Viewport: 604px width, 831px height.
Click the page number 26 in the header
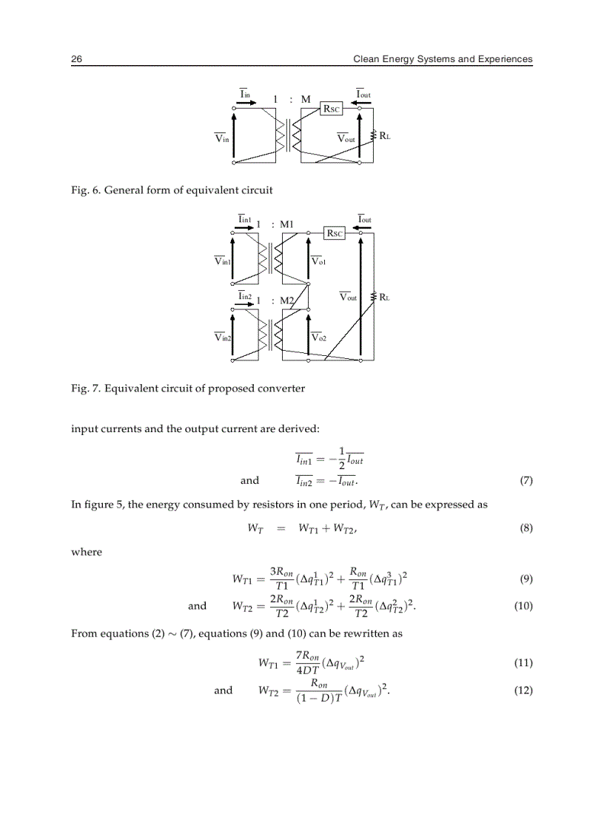click(76, 59)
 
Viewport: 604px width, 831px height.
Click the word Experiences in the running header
click(503, 59)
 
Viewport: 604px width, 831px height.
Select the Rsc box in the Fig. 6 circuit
click(331, 109)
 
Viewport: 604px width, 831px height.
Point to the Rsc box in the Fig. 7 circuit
click(335, 232)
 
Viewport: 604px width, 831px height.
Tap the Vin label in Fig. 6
click(221, 138)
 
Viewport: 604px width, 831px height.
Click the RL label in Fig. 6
click(386, 136)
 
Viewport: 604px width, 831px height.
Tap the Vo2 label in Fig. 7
click(319, 337)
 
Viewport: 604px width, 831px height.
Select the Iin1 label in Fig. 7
click(246, 219)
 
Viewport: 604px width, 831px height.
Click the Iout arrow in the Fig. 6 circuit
click(362, 102)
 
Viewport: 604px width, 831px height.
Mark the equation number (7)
click(526, 480)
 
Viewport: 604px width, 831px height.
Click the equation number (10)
click(523, 606)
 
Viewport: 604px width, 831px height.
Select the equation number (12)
click(523, 690)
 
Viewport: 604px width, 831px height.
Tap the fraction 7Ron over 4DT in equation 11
click(304, 663)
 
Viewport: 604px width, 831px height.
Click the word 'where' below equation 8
click(86, 552)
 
